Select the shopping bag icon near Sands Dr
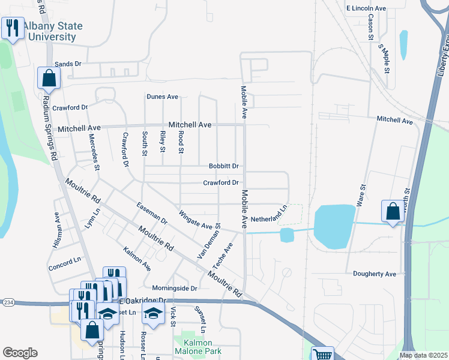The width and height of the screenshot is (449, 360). pyautogui.click(x=49, y=78)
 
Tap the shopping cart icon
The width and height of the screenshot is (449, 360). pyautogui.click(x=322, y=354)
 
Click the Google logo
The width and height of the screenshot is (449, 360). pyautogui.click(x=20, y=353)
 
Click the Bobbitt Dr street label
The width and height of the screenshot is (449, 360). pyautogui.click(x=223, y=166)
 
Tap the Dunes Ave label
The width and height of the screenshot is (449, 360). pyautogui.click(x=163, y=97)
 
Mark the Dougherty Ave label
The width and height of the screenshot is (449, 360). pyautogui.click(x=375, y=274)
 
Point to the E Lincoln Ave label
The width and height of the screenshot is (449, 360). pyautogui.click(x=366, y=9)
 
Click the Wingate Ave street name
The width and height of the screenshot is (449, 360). pyautogui.click(x=195, y=220)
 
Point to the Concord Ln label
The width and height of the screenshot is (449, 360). pyautogui.click(x=64, y=261)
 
